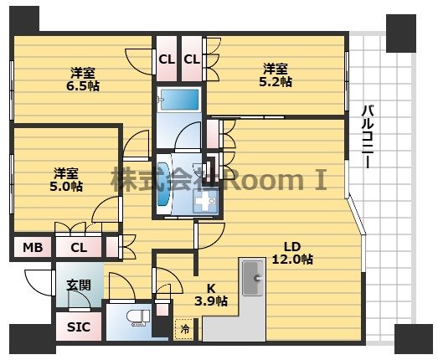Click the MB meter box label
coord(33,248)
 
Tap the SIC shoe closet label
coord(79,327)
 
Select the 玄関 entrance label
coord(79,285)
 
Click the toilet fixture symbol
coord(138,318)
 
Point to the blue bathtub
coord(178,100)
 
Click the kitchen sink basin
coord(253,278)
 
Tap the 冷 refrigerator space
coord(184,329)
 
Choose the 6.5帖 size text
coord(83,85)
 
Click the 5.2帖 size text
coord(276,82)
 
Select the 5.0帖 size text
coord(66,187)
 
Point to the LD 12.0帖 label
coord(292,253)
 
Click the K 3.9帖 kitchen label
coord(211,295)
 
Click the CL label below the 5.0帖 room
coord(79,248)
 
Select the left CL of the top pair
coord(167,59)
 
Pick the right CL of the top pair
coord(192,59)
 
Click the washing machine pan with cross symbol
coord(205,201)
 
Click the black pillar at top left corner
coord(24,19)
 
